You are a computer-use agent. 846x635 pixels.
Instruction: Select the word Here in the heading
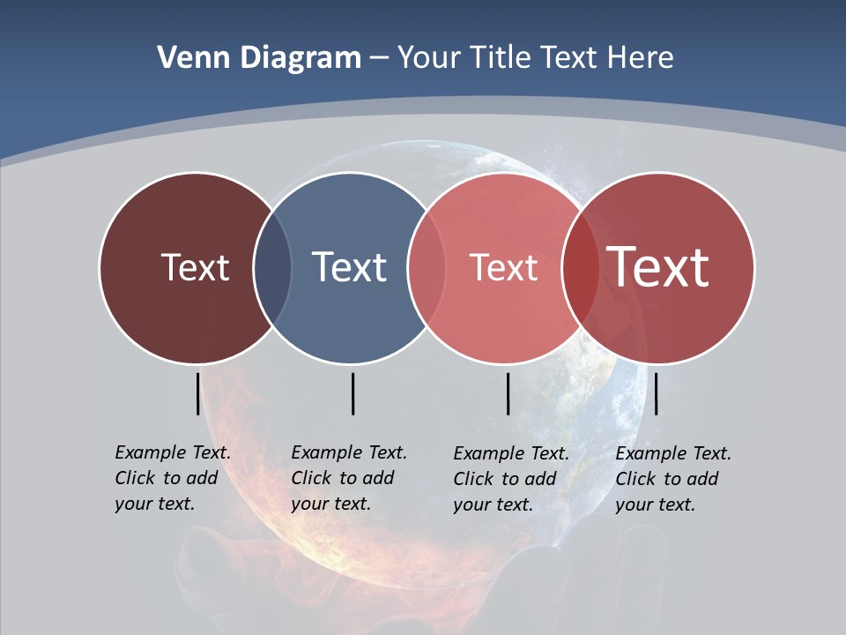642,58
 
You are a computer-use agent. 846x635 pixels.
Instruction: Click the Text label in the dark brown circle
195,267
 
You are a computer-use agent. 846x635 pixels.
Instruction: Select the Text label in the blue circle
349,267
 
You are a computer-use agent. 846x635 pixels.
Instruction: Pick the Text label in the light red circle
503,267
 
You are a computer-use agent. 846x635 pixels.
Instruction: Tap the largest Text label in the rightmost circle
658,266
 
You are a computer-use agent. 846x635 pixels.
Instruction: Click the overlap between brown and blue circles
272,268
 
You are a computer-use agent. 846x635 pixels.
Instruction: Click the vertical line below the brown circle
197,393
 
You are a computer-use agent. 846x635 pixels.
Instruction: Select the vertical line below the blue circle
352,393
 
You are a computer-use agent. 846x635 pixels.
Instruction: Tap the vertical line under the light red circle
508,393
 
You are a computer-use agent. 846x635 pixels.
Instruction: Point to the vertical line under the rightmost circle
656,393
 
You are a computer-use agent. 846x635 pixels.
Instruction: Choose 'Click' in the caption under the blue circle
310,478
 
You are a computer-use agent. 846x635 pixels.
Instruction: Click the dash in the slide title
379,59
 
